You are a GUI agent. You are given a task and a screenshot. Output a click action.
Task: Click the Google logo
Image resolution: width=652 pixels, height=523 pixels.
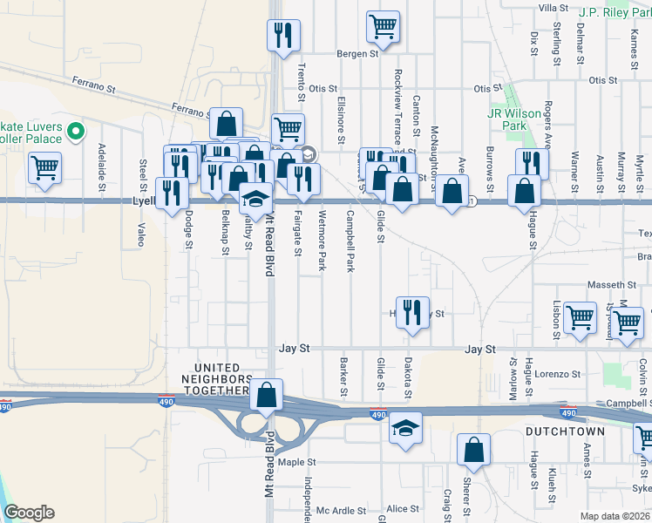point(29,513)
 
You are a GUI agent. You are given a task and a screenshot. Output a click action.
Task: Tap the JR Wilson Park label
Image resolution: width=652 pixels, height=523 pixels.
point(506,119)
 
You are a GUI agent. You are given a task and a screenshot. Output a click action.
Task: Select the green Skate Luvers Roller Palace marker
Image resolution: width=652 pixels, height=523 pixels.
point(76,132)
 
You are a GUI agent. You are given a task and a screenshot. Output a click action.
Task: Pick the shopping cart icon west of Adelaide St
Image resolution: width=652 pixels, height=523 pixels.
point(44,167)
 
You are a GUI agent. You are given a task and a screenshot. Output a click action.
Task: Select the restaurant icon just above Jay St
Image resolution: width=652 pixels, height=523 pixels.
point(413,312)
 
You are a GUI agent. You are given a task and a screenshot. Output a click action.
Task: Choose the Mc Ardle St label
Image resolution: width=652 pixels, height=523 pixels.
point(340,510)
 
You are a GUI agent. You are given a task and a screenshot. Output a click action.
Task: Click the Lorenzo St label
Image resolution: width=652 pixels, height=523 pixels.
point(558,374)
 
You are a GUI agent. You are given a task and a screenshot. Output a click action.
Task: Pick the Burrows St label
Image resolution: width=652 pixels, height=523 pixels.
point(491,169)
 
